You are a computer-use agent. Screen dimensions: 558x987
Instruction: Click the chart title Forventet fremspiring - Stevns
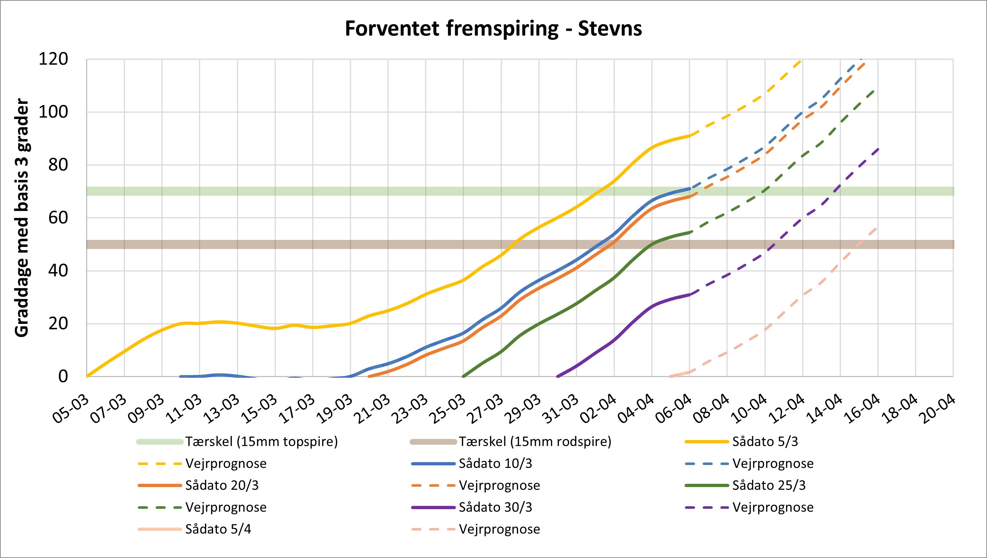[493, 29]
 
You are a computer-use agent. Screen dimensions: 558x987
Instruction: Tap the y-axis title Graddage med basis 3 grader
[22, 218]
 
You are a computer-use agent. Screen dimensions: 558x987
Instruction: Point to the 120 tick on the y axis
[53, 59]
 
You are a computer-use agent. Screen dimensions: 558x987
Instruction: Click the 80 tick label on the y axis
[58, 165]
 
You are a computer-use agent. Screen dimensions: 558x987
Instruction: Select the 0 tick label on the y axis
[63, 377]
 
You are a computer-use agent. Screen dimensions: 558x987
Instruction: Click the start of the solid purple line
[558, 376]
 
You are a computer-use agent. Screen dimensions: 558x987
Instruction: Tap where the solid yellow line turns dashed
[690, 135]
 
